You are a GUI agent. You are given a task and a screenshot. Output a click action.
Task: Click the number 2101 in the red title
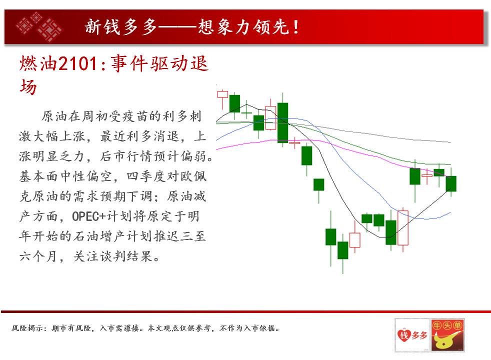coord(78,63)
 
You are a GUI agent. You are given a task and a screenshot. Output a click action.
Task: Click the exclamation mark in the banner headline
coord(296,26)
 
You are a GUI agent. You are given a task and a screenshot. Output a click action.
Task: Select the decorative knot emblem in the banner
coord(39,26)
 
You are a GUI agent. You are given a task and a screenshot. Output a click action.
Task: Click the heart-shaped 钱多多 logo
coord(412,335)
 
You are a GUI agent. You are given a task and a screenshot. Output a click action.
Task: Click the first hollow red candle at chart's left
coord(222,94)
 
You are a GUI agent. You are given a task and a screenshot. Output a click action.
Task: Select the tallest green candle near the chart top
coord(283,122)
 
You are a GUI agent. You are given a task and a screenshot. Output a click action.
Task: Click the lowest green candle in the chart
coord(343,250)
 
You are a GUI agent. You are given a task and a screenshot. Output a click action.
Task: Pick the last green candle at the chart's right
coord(451,183)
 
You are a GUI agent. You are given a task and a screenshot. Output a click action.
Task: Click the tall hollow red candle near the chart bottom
coord(403,227)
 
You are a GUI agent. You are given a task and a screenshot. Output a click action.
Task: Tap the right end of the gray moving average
coord(450,142)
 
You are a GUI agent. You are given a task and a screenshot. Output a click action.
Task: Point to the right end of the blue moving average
coord(450,212)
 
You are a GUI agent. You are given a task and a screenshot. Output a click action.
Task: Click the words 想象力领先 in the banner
coord(243,26)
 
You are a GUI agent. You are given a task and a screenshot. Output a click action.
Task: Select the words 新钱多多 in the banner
coord(121,26)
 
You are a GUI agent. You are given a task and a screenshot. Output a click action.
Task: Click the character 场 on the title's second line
coord(28,86)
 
